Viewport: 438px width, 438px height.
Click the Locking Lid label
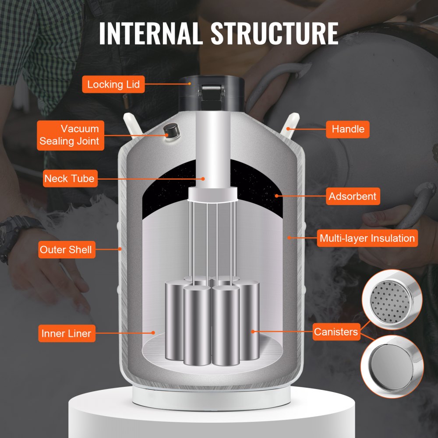pyautogui.click(x=113, y=84)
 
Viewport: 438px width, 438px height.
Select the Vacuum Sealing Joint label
pyautogui.click(x=71, y=135)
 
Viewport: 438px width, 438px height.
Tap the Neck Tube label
pyautogui.click(x=69, y=179)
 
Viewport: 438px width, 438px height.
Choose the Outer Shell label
pyautogui.click(x=66, y=250)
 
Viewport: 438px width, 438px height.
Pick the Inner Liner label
pyautogui.click(x=66, y=333)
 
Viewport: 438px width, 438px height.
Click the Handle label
pyautogui.click(x=348, y=129)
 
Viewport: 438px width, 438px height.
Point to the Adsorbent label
pyautogui.click(x=353, y=196)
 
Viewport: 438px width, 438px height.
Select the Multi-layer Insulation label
pyautogui.click(x=367, y=239)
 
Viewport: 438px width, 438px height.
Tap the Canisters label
pyautogui.click(x=336, y=332)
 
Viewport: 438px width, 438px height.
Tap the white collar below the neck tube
pyautogui.click(x=212, y=194)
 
